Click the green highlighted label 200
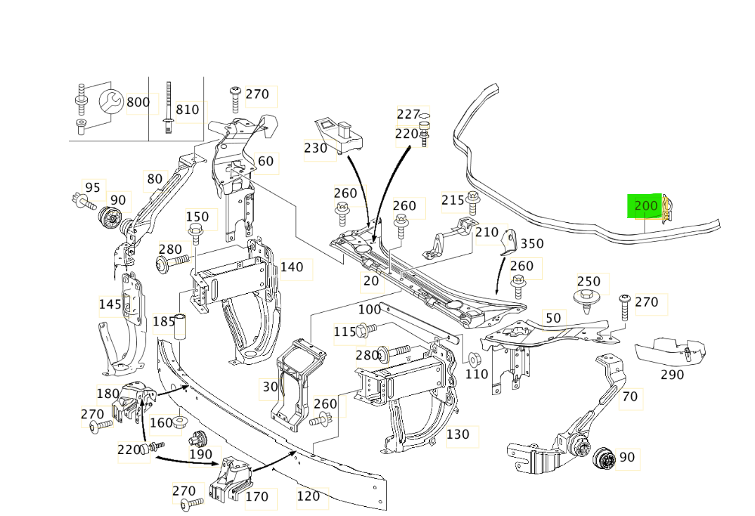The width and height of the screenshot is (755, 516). point(645,206)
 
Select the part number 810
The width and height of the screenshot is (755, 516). point(187,110)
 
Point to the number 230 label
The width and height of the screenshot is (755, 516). point(316,148)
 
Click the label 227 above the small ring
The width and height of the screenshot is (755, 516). point(408,114)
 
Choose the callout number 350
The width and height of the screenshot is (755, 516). point(532,244)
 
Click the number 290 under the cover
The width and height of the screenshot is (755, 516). point(672,375)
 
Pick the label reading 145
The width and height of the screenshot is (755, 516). point(110,304)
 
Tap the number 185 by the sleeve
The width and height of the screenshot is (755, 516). point(164,321)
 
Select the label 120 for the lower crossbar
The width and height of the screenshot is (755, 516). point(308,496)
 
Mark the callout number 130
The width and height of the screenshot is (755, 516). point(458,434)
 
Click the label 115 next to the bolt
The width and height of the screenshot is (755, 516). point(344,331)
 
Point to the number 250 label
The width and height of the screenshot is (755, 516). point(588,281)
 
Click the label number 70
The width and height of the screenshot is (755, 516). point(630,397)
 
